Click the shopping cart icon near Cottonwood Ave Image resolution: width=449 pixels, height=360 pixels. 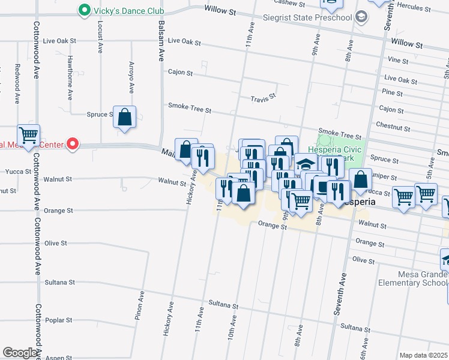[x=28, y=134]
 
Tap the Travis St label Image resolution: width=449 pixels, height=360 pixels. [x=263, y=96]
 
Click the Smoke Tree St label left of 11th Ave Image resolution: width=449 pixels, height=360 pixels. [x=190, y=110]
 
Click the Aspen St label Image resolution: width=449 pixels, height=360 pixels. [x=59, y=358]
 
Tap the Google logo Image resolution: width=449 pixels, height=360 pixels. [x=20, y=353]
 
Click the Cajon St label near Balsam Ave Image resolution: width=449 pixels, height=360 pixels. [x=180, y=73]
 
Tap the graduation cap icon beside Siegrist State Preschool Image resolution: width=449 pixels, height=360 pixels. [x=361, y=17]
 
